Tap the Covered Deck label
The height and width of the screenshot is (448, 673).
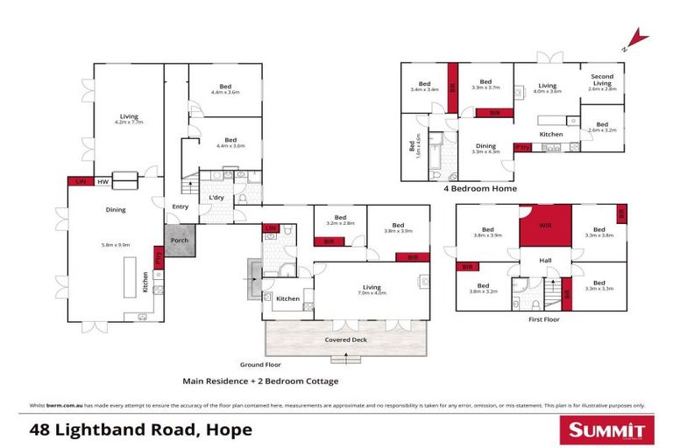pos(345,339)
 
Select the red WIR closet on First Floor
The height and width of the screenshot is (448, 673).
pos(545,226)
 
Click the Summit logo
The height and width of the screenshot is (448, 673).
pos(606,430)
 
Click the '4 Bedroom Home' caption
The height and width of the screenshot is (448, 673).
pos(480,188)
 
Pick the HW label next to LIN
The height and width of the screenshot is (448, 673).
pos(102,182)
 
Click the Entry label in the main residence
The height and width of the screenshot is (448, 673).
pos(180,206)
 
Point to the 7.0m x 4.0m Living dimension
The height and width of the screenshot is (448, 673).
pos(372,294)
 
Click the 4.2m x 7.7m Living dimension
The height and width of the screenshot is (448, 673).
pos(130,122)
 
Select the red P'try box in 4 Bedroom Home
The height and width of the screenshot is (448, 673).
pos(523,146)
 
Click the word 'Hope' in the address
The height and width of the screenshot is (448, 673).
pos(230,430)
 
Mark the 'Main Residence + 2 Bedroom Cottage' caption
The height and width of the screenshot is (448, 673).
pos(259,381)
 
